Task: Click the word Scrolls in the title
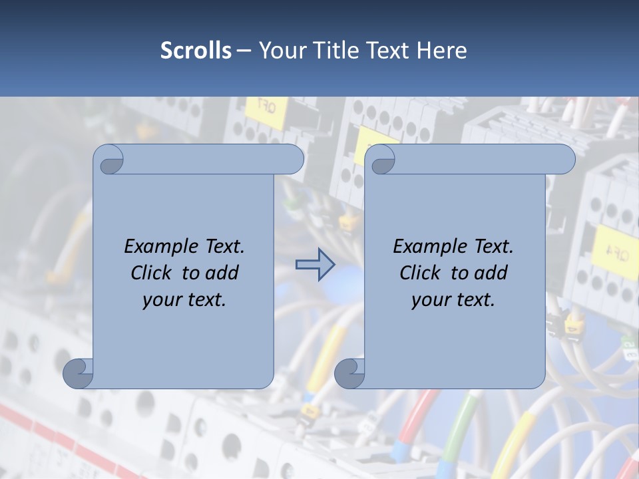tap(196, 51)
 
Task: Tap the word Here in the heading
tap(441, 51)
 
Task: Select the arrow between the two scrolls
tap(315, 265)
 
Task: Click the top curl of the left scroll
tap(109, 160)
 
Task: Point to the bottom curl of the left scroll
tap(78, 373)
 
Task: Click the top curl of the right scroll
tap(381, 160)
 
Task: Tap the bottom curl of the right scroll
tap(349, 373)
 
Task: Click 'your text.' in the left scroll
tap(184, 299)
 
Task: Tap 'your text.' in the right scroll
tap(453, 299)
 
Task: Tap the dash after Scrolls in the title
tap(244, 51)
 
